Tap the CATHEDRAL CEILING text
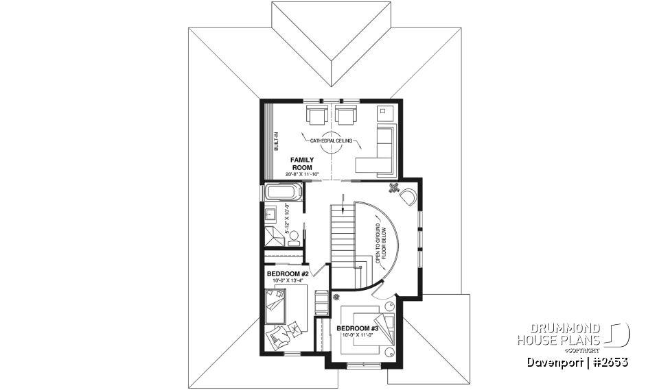click(x=331, y=141)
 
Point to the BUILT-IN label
click(x=276, y=141)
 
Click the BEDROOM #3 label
click(x=358, y=328)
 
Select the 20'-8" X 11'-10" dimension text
click(x=303, y=175)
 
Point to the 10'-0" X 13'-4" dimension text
click(x=286, y=280)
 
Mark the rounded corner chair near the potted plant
click(x=408, y=197)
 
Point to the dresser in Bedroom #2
click(x=321, y=302)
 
